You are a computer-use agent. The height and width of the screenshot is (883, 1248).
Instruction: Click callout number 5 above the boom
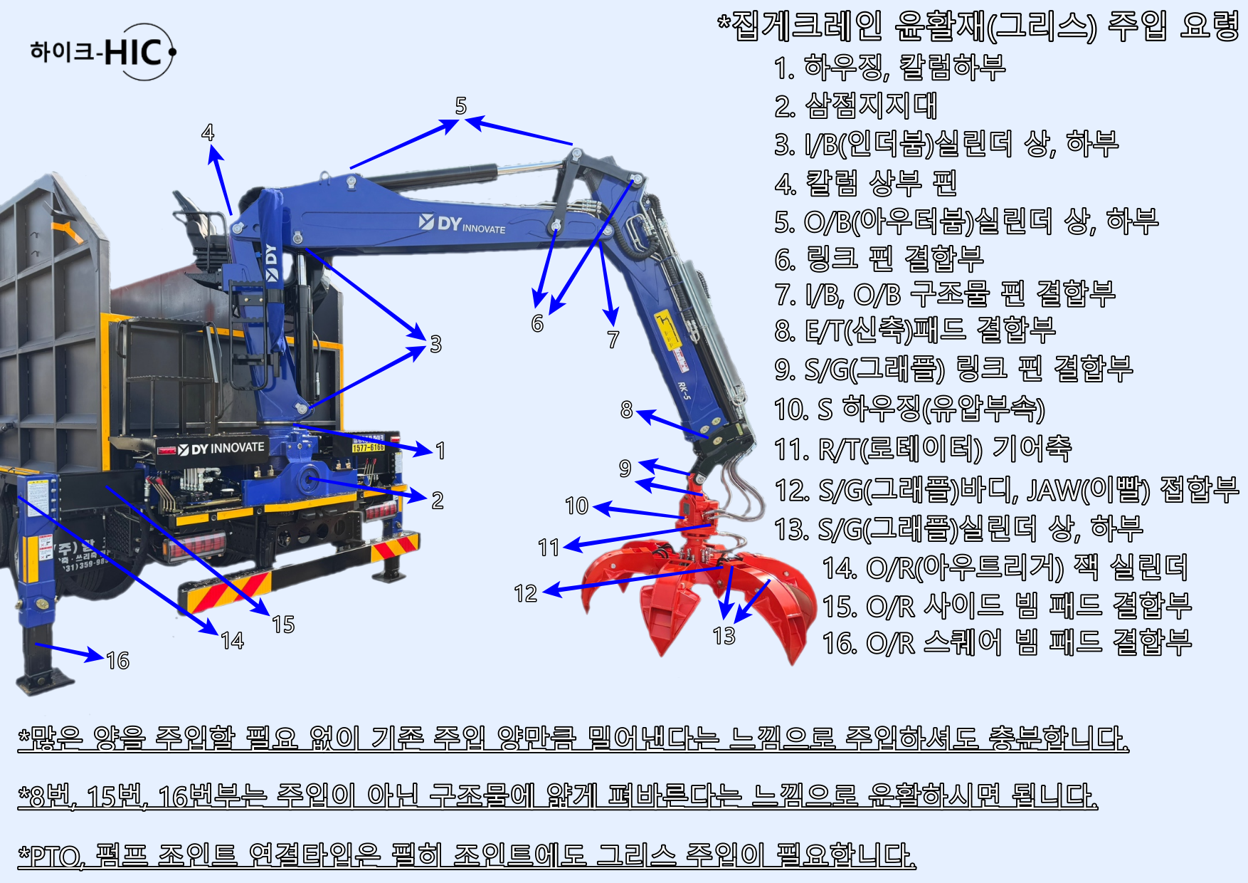tap(461, 106)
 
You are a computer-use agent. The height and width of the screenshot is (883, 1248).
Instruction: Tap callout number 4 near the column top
tap(208, 132)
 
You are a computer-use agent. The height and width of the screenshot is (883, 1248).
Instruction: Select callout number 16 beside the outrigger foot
tap(118, 661)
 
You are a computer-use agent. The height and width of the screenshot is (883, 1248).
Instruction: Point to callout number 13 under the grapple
tap(724, 636)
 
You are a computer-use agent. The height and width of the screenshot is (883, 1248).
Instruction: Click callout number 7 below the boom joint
tap(613, 340)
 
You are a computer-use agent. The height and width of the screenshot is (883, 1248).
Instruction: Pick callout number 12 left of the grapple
tap(525, 593)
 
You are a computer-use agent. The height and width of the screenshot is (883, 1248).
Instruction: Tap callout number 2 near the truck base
tap(438, 501)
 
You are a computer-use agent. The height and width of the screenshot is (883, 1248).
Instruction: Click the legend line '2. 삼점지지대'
tap(856, 106)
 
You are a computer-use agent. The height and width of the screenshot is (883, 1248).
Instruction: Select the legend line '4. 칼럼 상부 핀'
tap(865, 183)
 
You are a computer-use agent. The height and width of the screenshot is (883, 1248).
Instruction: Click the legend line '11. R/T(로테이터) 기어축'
tap(923, 449)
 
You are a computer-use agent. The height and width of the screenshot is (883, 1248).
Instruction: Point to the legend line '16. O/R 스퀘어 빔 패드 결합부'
tap(1007, 642)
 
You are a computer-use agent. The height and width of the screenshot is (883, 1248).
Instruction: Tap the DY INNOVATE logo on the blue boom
tap(462, 224)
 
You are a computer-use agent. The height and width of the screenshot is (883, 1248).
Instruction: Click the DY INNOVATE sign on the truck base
tap(221, 449)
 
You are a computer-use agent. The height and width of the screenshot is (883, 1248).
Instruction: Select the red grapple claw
tap(697, 591)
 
